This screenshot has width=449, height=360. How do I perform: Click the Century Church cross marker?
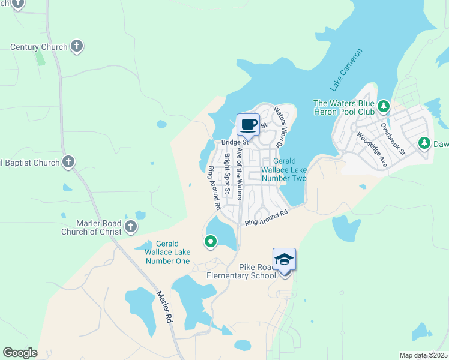(76, 46)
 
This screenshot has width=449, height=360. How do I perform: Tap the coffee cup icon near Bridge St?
(248, 124)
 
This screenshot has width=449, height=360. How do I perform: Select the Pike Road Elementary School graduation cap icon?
(284, 259)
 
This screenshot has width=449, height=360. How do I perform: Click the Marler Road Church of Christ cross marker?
(131, 226)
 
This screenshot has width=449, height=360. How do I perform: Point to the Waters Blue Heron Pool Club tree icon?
(384, 107)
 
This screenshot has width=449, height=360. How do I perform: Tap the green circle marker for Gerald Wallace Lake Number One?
(211, 242)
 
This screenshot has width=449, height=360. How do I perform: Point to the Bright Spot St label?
(228, 174)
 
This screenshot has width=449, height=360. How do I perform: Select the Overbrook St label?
(394, 139)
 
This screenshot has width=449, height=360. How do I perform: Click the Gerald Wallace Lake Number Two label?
(284, 170)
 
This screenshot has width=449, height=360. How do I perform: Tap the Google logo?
(20, 353)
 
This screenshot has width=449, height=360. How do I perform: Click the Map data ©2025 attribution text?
(423, 355)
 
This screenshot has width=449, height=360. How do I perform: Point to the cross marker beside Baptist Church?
(68, 161)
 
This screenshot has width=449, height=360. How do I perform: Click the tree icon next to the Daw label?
(424, 143)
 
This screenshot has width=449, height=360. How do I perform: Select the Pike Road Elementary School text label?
(241, 271)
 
